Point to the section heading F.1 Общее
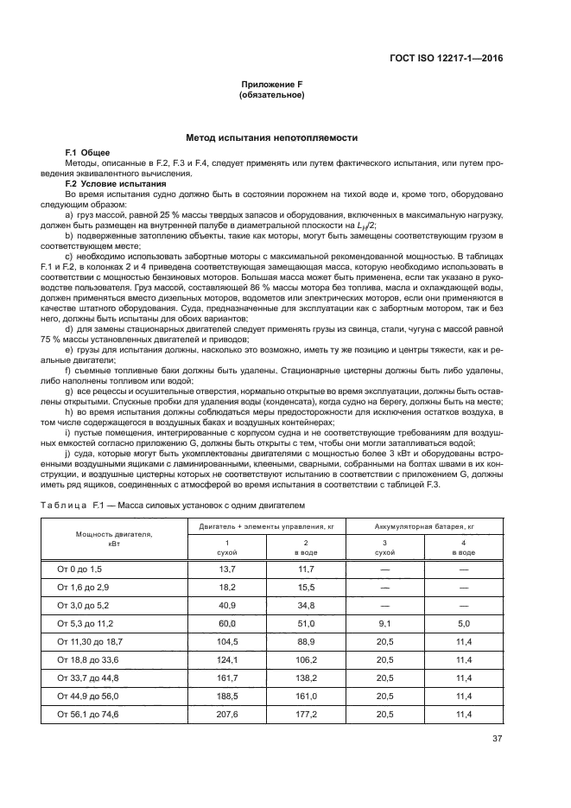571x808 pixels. (89, 152)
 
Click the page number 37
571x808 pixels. (497, 738)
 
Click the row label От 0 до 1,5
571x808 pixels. (79, 569)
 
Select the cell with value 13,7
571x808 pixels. (227, 569)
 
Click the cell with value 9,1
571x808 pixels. (384, 622)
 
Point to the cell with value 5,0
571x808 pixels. (463, 622)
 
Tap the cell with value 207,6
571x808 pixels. (227, 714)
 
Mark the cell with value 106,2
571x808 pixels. (306, 659)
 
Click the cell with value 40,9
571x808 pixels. (227, 604)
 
